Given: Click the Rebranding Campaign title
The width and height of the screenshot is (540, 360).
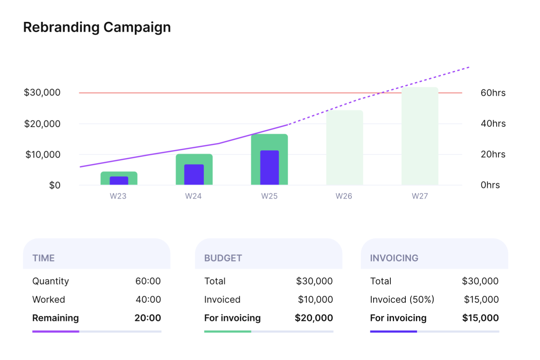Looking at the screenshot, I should pyautogui.click(x=97, y=27).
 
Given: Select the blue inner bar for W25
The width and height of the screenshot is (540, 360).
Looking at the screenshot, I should pyautogui.click(x=269, y=167).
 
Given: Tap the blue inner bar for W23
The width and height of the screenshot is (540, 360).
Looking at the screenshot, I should pyautogui.click(x=119, y=181).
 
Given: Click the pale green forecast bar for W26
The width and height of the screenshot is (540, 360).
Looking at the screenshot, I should pyautogui.click(x=344, y=147).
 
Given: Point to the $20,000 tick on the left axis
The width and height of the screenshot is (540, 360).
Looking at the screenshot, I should pyautogui.click(x=42, y=124).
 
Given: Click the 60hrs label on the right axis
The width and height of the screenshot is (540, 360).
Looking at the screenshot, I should pyautogui.click(x=493, y=93).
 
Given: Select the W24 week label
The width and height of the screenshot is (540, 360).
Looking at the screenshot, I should pyautogui.click(x=193, y=196).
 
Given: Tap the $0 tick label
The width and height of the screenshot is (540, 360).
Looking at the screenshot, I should pyautogui.click(x=55, y=185).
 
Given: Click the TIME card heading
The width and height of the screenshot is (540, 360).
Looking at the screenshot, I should pyautogui.click(x=43, y=258).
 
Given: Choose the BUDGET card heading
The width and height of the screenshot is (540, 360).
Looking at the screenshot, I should pyautogui.click(x=223, y=258).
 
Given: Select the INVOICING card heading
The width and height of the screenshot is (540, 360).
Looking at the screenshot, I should pyautogui.click(x=394, y=258).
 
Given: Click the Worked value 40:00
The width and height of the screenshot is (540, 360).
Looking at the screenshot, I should pyautogui.click(x=148, y=299).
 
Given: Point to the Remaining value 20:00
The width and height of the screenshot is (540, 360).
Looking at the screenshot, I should pyautogui.click(x=148, y=318).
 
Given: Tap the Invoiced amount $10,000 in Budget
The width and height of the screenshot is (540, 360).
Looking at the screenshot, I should pyautogui.click(x=315, y=299).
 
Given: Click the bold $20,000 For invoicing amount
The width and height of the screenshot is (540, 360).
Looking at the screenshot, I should pyautogui.click(x=314, y=318).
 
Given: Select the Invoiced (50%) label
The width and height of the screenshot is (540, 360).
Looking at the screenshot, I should pyautogui.click(x=402, y=299).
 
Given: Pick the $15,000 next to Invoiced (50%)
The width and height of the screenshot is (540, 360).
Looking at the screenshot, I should pyautogui.click(x=481, y=299).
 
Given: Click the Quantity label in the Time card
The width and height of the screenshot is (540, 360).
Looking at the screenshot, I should pyautogui.click(x=51, y=281).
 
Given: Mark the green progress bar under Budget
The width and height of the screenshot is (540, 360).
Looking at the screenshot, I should pyautogui.click(x=228, y=332).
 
